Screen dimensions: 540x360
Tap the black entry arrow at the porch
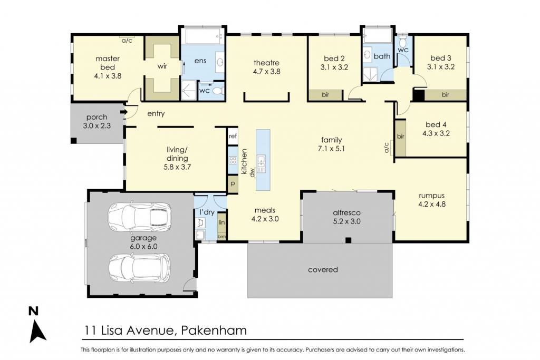[x=123, y=112]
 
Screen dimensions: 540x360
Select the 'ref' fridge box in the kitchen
[x=233, y=137]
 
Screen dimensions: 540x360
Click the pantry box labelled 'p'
[x=233, y=184]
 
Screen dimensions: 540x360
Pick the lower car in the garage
[x=139, y=268]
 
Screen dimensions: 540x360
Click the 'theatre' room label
[x=266, y=63]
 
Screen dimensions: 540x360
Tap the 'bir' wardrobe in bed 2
[x=325, y=95]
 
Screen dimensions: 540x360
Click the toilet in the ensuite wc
[x=217, y=92]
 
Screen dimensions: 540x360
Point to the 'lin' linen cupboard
[x=222, y=222]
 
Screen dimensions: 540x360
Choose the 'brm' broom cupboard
[x=222, y=237]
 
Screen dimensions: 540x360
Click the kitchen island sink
[x=261, y=164]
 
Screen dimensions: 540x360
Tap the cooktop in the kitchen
[x=233, y=160]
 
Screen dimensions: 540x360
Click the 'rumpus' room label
[x=431, y=196]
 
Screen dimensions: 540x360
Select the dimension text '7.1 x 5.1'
[x=331, y=149]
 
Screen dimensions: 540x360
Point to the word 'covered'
[x=323, y=270]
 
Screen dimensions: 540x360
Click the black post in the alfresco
[x=349, y=240]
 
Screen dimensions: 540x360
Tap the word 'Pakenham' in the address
[x=214, y=330]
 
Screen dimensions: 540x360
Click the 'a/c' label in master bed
[x=127, y=41]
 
